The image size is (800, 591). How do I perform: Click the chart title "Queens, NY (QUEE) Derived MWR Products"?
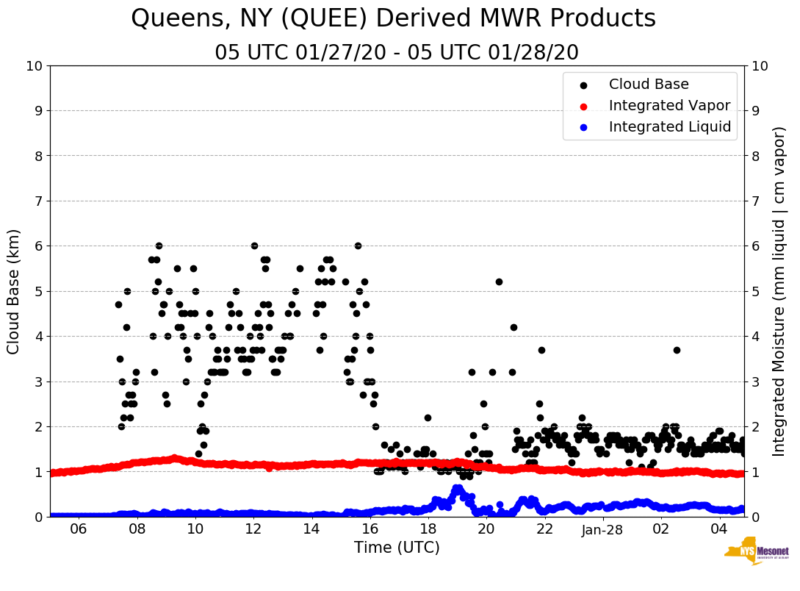click(x=393, y=19)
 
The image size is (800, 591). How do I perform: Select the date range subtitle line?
click(x=397, y=53)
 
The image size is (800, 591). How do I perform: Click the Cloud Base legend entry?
click(x=649, y=85)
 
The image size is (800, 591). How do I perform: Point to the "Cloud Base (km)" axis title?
click(x=14, y=291)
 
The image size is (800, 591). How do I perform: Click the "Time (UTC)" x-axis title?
click(x=397, y=548)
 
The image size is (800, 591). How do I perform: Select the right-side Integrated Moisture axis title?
click(x=779, y=291)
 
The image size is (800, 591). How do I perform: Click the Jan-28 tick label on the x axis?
click(x=603, y=529)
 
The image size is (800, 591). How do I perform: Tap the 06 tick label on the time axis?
click(x=79, y=529)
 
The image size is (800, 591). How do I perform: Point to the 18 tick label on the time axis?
click(x=428, y=529)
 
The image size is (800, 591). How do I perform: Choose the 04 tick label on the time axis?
click(x=719, y=529)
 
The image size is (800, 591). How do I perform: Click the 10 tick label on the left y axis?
click(x=34, y=66)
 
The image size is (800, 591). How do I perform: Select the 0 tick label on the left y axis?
click(x=38, y=517)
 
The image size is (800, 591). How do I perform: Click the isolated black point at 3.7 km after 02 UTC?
click(x=677, y=350)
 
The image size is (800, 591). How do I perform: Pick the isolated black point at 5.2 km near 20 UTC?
click(x=499, y=282)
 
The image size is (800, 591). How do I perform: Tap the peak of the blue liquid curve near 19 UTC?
click(x=457, y=488)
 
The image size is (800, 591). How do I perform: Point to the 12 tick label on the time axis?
click(x=253, y=529)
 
